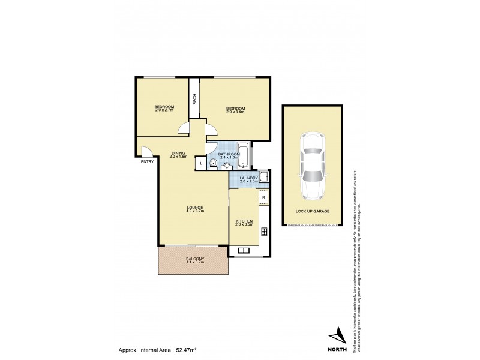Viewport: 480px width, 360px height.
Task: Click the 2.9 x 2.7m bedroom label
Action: point(164,109)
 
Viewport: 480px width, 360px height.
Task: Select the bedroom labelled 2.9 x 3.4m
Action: point(235,109)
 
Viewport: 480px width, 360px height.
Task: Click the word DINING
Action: point(178,153)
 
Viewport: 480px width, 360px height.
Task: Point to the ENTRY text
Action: point(147,162)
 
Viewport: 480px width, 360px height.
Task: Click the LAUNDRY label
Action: point(248,178)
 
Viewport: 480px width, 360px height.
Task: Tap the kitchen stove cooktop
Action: point(264,230)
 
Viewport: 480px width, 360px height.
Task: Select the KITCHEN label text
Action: point(244,221)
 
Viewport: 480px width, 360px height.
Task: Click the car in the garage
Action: point(313,166)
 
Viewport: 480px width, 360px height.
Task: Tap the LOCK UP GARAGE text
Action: point(313,211)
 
